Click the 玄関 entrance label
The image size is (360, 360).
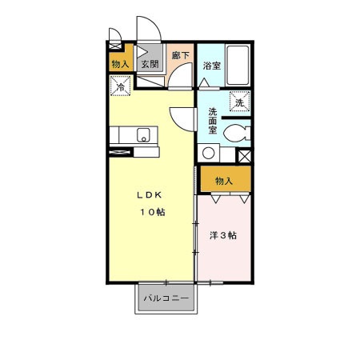(149, 65)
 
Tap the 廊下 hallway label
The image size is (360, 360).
(181, 56)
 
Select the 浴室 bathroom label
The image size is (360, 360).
(211, 66)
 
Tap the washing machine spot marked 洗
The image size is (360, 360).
(239, 102)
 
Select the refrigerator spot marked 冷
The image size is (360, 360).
(121, 86)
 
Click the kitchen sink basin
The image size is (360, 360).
(144, 134)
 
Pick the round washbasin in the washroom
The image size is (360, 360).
(209, 153)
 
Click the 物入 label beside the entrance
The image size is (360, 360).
(120, 64)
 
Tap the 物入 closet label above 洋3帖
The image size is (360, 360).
(225, 180)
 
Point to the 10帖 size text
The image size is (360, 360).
(154, 212)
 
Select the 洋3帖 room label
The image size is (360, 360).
(224, 235)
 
